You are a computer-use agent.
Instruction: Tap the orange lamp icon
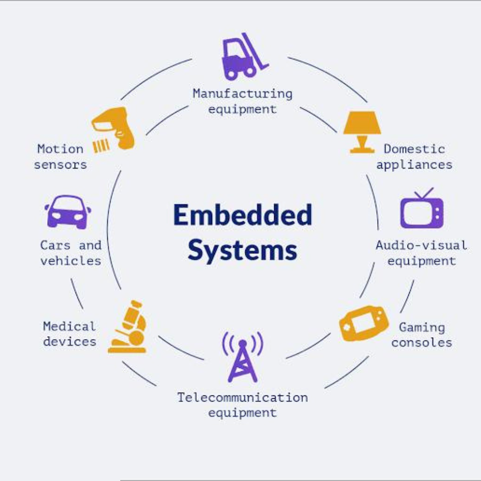tap(362, 131)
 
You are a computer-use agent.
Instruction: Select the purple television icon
tap(422, 210)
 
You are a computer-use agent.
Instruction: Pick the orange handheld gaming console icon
tap(364, 324)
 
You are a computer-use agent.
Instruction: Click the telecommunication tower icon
tap(242, 357)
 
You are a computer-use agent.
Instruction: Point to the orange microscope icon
tap(129, 328)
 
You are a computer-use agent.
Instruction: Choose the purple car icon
tap(68, 211)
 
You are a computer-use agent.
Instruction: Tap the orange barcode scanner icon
tap(114, 128)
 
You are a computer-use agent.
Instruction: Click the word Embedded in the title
tap(242, 215)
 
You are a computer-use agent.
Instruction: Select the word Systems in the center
tap(242, 251)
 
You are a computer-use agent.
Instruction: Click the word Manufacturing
tap(242, 93)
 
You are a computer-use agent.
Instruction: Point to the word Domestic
tap(414, 149)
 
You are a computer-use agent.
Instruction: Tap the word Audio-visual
tap(421, 245)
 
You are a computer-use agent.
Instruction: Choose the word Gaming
tap(422, 328)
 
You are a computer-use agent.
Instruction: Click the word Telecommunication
tap(242, 398)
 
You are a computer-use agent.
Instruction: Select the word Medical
tap(70, 327)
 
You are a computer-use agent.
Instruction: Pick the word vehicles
tap(71, 261)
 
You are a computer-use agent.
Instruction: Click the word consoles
tap(422, 343)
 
